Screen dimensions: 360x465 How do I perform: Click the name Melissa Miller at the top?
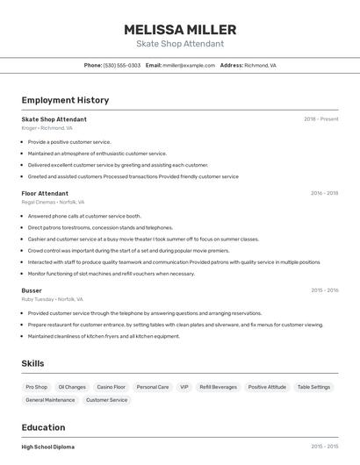179,29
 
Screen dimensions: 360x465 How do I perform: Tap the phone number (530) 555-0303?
121,65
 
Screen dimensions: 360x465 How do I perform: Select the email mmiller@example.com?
188,65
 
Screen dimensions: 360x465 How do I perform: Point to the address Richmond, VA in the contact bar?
260,65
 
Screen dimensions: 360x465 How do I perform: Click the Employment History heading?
65,101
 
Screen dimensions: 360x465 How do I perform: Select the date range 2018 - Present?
320,119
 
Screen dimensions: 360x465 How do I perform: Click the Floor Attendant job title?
45,193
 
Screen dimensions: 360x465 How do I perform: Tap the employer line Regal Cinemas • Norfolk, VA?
53,202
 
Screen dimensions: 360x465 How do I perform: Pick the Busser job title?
32,290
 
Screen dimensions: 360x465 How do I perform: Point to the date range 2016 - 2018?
324,193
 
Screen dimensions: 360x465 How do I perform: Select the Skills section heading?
33,363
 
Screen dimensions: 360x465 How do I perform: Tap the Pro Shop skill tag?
37,387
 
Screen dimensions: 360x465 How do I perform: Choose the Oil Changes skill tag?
72,387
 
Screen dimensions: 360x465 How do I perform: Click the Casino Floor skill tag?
111,387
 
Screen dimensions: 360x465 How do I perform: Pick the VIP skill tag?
184,387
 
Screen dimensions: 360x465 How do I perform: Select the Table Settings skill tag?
313,387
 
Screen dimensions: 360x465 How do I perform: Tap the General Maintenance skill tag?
50,400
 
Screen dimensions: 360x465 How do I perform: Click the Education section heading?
45,427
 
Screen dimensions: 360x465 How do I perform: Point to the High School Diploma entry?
47,447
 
